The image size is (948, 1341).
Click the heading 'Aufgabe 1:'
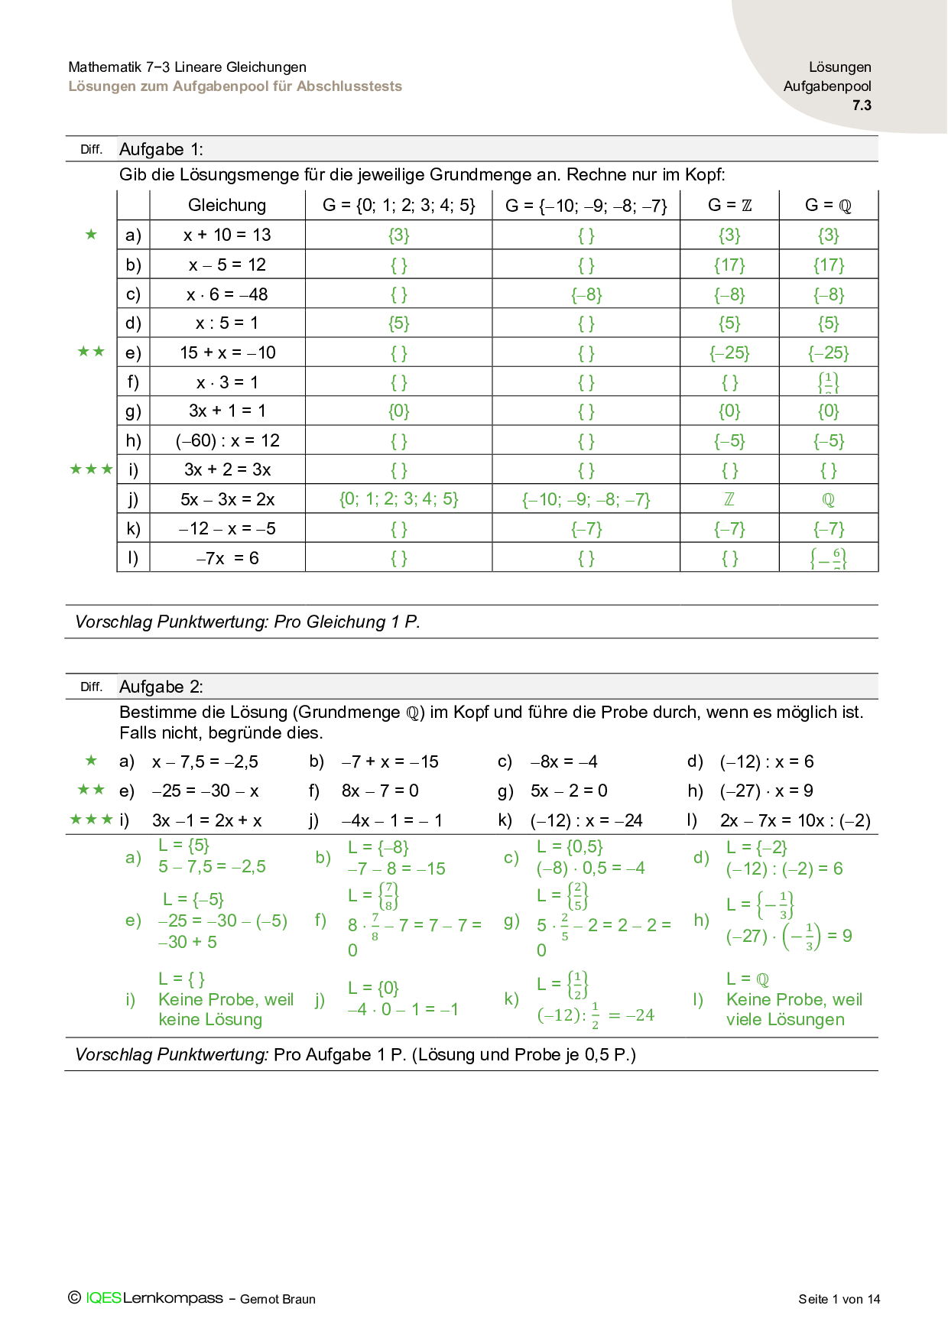pyautogui.click(x=161, y=149)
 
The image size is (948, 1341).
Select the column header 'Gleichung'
pyautogui.click(x=227, y=205)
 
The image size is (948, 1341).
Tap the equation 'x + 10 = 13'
pyautogui.click(x=227, y=235)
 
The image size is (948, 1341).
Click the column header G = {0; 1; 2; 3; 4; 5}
pyautogui.click(x=398, y=205)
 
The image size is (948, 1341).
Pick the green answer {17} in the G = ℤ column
pyautogui.click(x=729, y=265)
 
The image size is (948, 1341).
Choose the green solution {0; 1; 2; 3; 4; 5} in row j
pyautogui.click(x=398, y=499)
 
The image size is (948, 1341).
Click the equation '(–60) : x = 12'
pyautogui.click(x=227, y=440)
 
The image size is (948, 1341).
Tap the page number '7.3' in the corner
pyautogui.click(x=862, y=106)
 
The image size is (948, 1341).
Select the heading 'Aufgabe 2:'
pyautogui.click(x=161, y=687)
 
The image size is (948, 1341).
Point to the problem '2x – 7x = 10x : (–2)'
pyautogui.click(x=795, y=820)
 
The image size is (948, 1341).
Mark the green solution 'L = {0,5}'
pyautogui.click(x=570, y=847)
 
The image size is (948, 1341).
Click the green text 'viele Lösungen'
pyautogui.click(x=785, y=1020)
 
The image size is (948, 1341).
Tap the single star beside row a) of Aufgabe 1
pyautogui.click(x=92, y=234)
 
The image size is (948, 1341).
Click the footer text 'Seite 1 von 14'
pyautogui.click(x=839, y=1299)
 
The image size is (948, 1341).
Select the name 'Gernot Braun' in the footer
pyautogui.click(x=278, y=1299)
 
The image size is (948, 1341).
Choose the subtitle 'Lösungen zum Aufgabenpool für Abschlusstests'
pyautogui.click(x=235, y=86)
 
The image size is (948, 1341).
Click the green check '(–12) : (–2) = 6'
pyautogui.click(x=784, y=869)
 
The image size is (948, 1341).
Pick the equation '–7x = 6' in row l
pyautogui.click(x=227, y=558)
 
